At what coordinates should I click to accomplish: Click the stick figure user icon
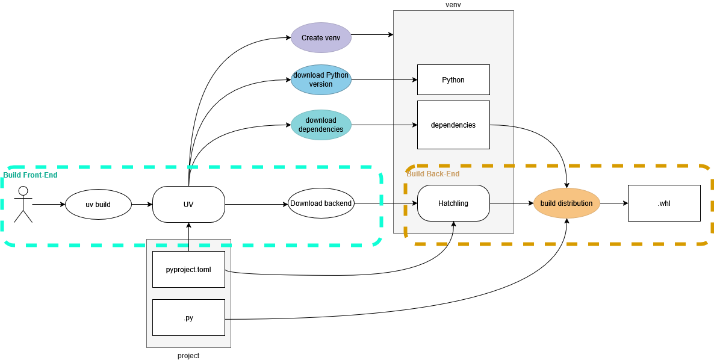23,204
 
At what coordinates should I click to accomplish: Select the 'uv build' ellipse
98,205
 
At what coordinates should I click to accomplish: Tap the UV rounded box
188,205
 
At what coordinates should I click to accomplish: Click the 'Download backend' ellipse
321,203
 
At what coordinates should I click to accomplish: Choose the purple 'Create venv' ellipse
321,37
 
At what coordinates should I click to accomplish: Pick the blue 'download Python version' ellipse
321,79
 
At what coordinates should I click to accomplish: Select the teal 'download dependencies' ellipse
321,125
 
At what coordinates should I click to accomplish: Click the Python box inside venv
453,79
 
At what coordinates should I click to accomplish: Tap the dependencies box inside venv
453,125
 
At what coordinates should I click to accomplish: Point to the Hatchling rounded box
453,203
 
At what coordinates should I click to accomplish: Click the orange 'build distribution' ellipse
567,203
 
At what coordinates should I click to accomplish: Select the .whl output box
664,203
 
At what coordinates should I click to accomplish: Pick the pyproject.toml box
188,269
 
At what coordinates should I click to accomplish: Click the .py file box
188,317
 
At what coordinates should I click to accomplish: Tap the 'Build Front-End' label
31,175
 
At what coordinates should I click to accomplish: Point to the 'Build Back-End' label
433,174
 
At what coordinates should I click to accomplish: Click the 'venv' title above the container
453,5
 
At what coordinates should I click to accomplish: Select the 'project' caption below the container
188,356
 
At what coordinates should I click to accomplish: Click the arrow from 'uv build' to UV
142,205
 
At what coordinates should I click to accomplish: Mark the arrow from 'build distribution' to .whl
613,203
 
